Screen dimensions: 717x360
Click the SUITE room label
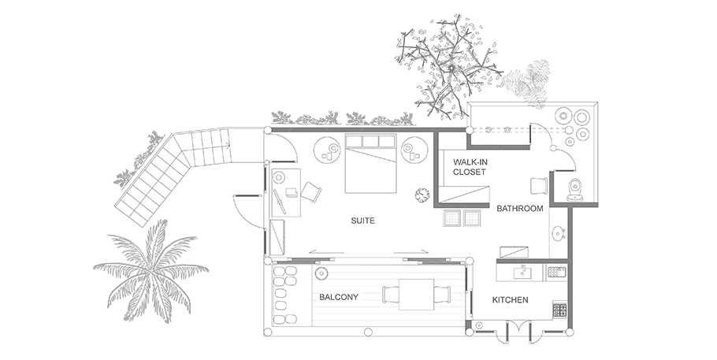tap(362, 221)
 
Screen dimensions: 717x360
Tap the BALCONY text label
tap(338, 297)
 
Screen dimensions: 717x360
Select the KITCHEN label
tap(510, 300)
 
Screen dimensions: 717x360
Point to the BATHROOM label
tap(520, 209)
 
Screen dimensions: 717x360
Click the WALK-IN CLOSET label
tap(469, 167)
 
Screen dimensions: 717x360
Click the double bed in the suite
tap(370, 163)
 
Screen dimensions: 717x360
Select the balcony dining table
tap(416, 295)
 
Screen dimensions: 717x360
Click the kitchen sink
tap(522, 273)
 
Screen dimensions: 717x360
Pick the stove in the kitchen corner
tap(559, 310)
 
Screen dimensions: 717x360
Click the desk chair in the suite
tap(310, 191)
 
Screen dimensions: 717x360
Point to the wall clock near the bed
tap(422, 195)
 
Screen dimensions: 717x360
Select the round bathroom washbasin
tap(558, 233)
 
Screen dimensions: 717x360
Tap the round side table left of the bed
tap(326, 150)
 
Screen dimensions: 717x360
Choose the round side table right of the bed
tap(414, 150)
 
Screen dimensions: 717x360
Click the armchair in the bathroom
tap(539, 186)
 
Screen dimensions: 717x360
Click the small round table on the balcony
tap(321, 273)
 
